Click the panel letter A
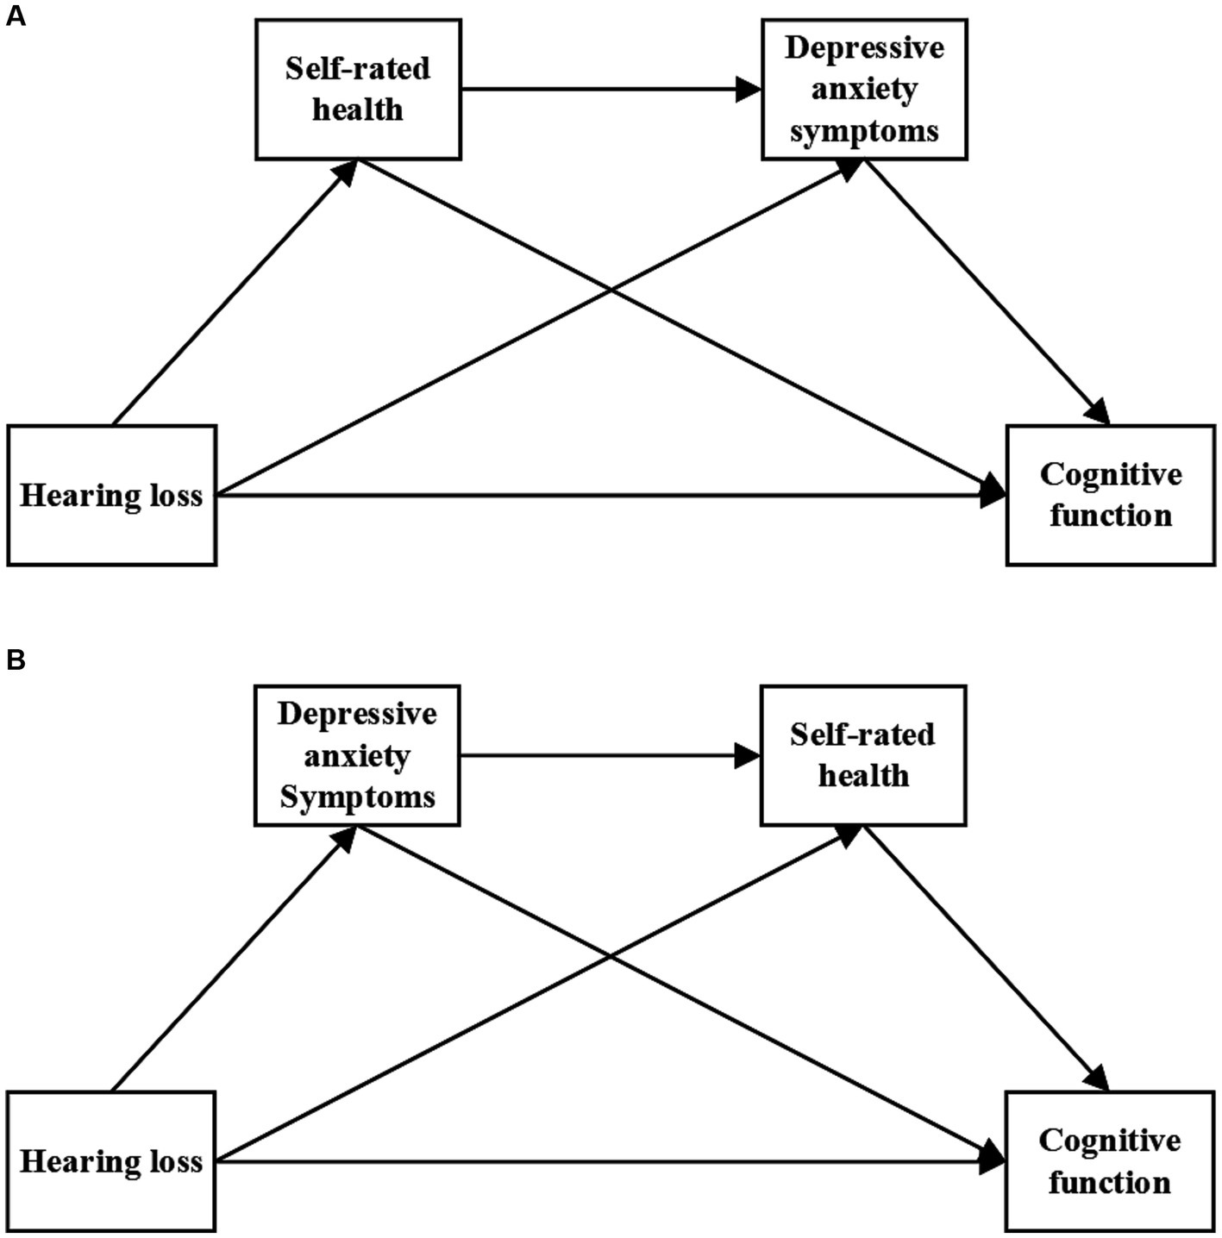pyautogui.click(x=16, y=16)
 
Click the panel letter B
pyautogui.click(x=16, y=660)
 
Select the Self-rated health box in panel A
pyautogui.click(x=358, y=90)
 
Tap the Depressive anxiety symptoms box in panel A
pyautogui.click(x=864, y=90)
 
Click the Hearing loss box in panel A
pyautogui.click(x=111, y=496)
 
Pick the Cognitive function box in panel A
pyautogui.click(x=1111, y=496)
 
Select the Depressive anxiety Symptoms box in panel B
pyautogui.click(x=357, y=756)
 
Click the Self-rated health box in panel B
pyautogui.click(x=862, y=756)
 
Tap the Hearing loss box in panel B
pyautogui.click(x=111, y=1162)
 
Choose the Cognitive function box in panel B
pyautogui.click(x=1110, y=1162)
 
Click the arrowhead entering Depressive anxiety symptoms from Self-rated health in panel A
pyautogui.click(x=749, y=89)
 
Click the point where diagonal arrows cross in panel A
pyautogui.click(x=611, y=291)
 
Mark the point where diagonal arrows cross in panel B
pyautogui.click(x=611, y=956)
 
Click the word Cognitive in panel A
pyautogui.click(x=1111, y=475)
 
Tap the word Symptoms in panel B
pyautogui.click(x=357, y=797)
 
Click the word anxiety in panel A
pyautogui.click(x=864, y=90)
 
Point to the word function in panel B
pyautogui.click(x=1110, y=1183)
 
